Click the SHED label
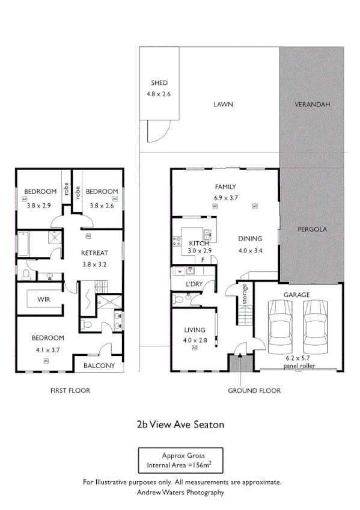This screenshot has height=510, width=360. [159, 83]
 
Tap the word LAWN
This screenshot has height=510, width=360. [223, 104]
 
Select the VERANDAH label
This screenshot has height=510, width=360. [312, 104]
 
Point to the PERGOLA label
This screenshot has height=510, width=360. [312, 229]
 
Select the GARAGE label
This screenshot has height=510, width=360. [297, 295]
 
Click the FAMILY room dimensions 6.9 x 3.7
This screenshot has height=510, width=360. [226, 198]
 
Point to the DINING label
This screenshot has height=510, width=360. [250, 239]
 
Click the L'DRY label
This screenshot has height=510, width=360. [194, 284]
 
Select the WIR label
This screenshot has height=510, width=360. [43, 299]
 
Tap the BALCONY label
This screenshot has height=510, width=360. [99, 365]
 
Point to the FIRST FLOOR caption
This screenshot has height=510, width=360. [70, 390]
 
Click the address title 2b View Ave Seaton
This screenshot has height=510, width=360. [180, 424]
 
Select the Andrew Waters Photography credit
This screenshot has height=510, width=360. [180, 492]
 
